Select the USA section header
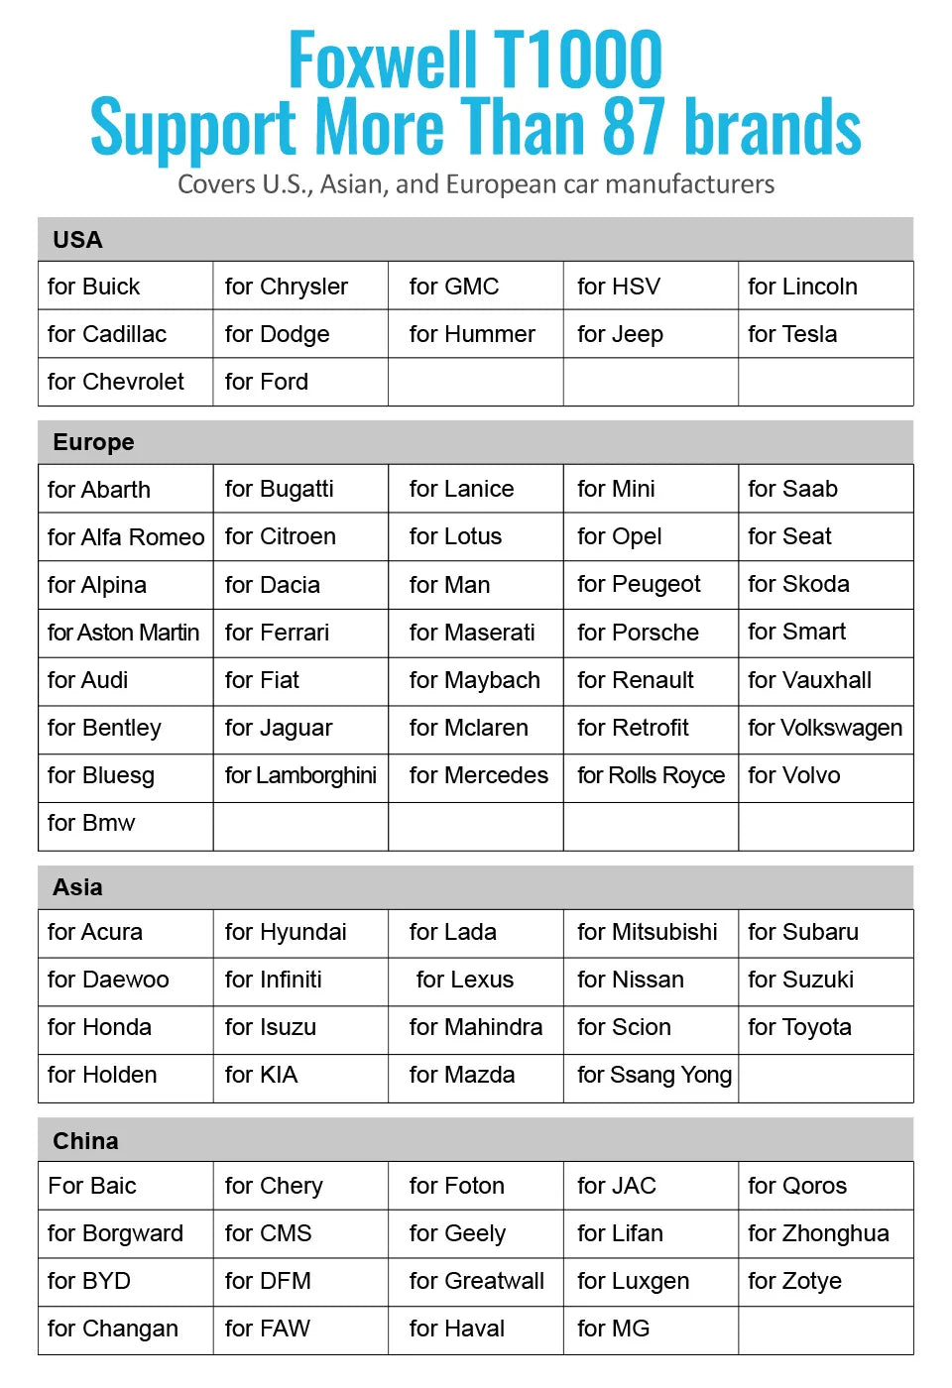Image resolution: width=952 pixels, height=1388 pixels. pyautogui.click(x=77, y=240)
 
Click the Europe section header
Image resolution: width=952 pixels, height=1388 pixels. pyautogui.click(x=93, y=442)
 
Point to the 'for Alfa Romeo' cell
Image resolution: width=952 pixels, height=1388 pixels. pyautogui.click(x=126, y=537)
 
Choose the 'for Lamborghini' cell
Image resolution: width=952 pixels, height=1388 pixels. pyautogui.click(x=300, y=775)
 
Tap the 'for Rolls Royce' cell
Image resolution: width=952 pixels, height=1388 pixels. pyautogui.click(x=651, y=775)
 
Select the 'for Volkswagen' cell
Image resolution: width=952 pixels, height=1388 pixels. pyautogui.click(x=825, y=728)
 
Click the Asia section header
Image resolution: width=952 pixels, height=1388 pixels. pyautogui.click(x=77, y=887)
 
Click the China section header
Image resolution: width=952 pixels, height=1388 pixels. pyautogui.click(x=85, y=1141)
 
